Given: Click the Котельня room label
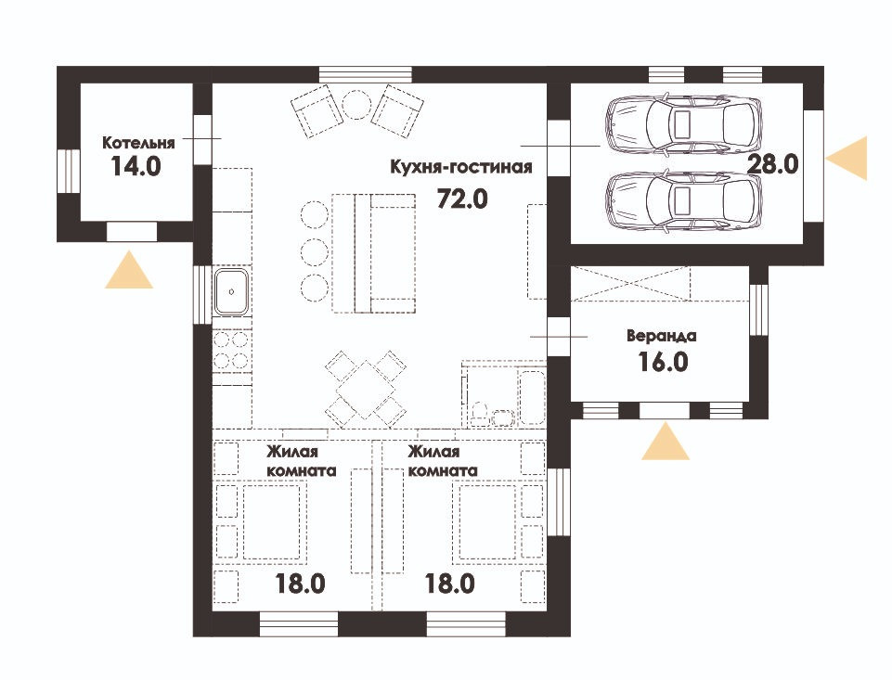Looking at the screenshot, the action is tap(138, 142).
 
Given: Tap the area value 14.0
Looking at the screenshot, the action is tap(136, 167).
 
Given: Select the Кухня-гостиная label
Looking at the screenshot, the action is tap(461, 167).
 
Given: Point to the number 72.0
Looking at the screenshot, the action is tap(462, 199).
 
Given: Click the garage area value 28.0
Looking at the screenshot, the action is tap(773, 164).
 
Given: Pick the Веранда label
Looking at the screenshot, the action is tap(662, 336).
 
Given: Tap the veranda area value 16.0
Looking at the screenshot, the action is tap(664, 362).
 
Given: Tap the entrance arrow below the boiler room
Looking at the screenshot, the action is tap(129, 271).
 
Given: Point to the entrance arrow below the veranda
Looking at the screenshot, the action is tap(666, 442).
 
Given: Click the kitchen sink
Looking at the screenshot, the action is tap(231, 291).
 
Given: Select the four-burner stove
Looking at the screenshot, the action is tap(231, 351).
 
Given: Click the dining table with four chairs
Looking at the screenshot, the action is tap(365, 390).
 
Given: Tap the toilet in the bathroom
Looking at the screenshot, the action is tap(482, 414).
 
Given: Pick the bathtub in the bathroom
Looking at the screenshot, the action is tap(533, 397).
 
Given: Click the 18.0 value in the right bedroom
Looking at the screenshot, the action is tap(450, 584).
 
